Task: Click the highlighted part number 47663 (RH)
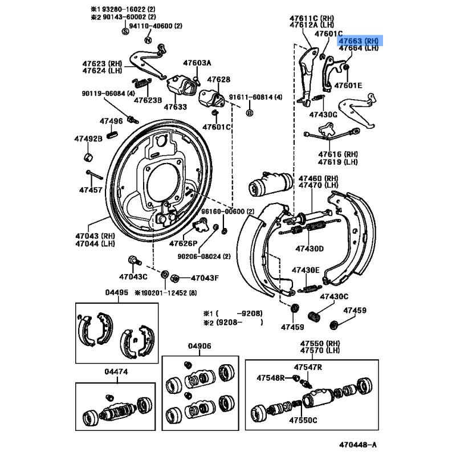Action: click(x=359, y=40)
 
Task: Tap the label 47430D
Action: click(x=309, y=249)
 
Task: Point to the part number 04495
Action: click(x=116, y=292)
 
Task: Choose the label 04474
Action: click(x=116, y=372)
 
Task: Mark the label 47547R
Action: click(x=308, y=367)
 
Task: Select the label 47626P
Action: click(x=182, y=243)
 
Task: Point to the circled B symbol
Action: click(x=249, y=113)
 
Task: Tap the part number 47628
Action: click(x=218, y=80)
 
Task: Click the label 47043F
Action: click(x=204, y=278)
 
